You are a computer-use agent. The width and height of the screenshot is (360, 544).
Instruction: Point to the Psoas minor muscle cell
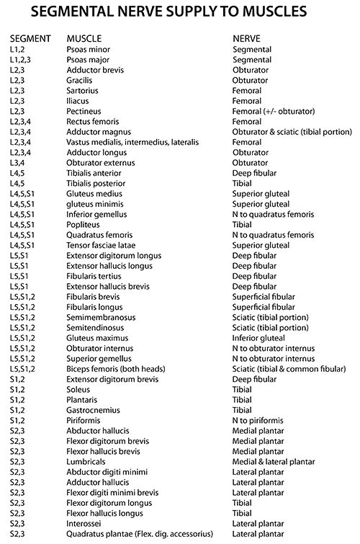point(88,49)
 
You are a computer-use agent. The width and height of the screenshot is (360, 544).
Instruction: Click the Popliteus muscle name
point(83,225)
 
